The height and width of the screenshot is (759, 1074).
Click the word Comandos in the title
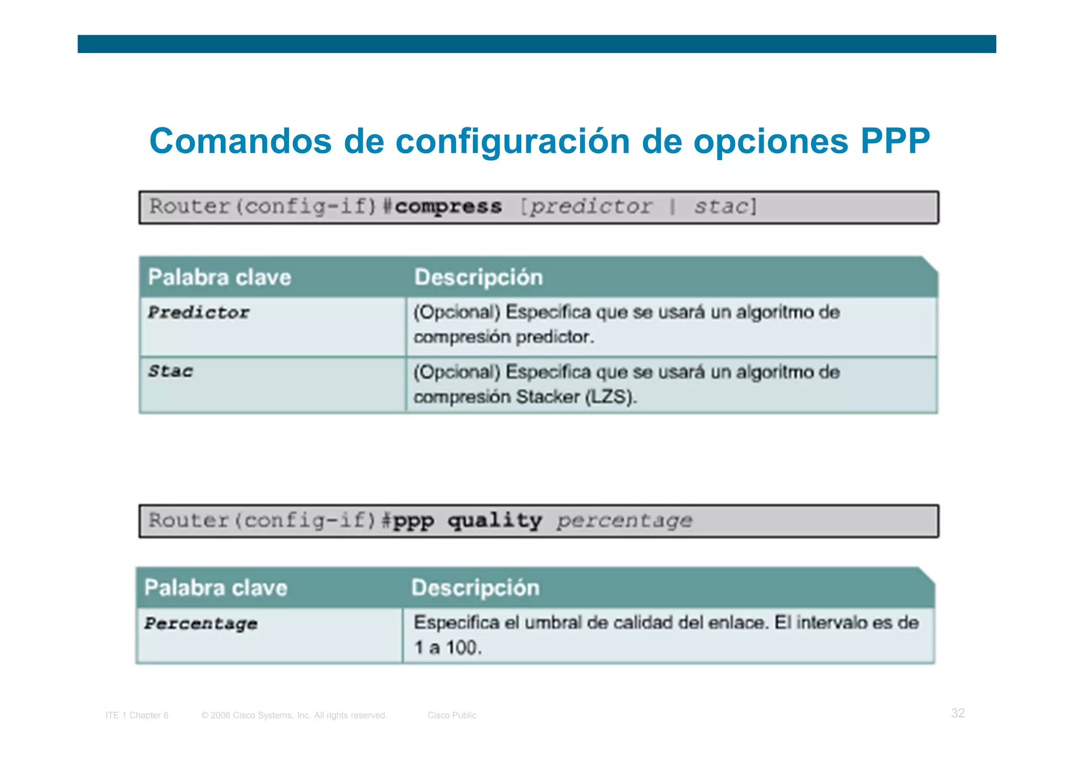[241, 141]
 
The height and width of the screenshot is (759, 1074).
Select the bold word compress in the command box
[448, 207]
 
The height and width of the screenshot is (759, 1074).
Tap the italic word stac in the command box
[722, 207]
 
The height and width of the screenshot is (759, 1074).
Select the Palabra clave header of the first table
[219, 277]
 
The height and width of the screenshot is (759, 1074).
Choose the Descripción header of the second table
[475, 587]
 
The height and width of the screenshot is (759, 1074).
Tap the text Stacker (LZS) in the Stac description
[576, 397]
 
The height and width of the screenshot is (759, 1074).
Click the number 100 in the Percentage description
[463, 647]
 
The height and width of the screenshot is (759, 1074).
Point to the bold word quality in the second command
[495, 521]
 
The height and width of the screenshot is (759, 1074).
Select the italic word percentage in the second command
[625, 521]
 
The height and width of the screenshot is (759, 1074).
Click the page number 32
[958, 713]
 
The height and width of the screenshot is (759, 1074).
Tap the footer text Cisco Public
[452, 715]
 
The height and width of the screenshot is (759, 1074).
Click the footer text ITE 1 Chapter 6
[137, 715]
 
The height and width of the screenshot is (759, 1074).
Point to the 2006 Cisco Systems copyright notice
[294, 715]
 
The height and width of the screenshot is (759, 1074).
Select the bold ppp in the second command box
[413, 521]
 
